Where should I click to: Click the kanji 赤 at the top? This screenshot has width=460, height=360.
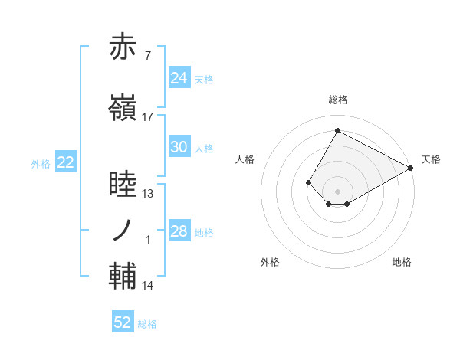[x=123, y=48]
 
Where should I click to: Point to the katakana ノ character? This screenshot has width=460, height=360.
[x=123, y=230]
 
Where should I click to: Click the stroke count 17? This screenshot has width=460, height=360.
[x=148, y=117]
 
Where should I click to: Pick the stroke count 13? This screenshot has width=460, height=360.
[x=148, y=194]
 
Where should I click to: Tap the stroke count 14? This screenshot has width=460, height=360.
[x=148, y=286]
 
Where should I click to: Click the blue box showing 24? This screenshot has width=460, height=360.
[x=179, y=77]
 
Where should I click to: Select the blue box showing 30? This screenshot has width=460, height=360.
[x=179, y=147]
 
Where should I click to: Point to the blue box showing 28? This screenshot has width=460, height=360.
[x=179, y=231]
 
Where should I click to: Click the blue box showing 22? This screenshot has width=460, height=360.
[x=65, y=162]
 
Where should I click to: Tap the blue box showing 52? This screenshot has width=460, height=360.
[x=123, y=322]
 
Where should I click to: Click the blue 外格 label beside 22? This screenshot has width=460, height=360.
[x=41, y=163]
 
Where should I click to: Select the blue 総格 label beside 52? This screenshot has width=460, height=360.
[x=148, y=324]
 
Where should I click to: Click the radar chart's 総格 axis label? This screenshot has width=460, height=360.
[x=337, y=100]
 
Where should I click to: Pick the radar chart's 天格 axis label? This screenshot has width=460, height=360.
[x=431, y=159]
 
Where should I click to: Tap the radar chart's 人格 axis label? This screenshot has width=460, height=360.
[x=245, y=159]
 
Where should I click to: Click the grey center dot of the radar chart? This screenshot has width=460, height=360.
[x=337, y=191]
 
